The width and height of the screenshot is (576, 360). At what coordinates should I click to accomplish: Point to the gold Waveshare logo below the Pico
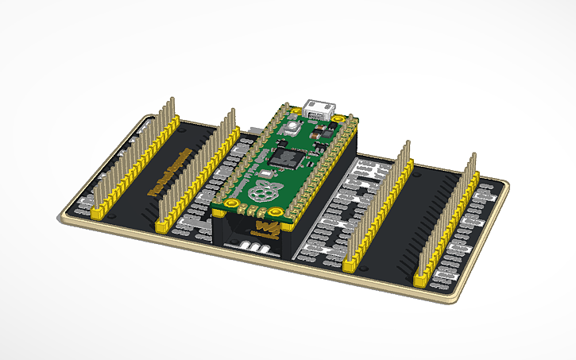(267, 230)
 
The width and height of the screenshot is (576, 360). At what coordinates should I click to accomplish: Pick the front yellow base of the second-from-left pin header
(164, 227)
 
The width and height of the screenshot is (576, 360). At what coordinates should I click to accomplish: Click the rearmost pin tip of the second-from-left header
(231, 110)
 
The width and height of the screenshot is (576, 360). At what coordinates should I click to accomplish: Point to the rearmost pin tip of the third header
(408, 144)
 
